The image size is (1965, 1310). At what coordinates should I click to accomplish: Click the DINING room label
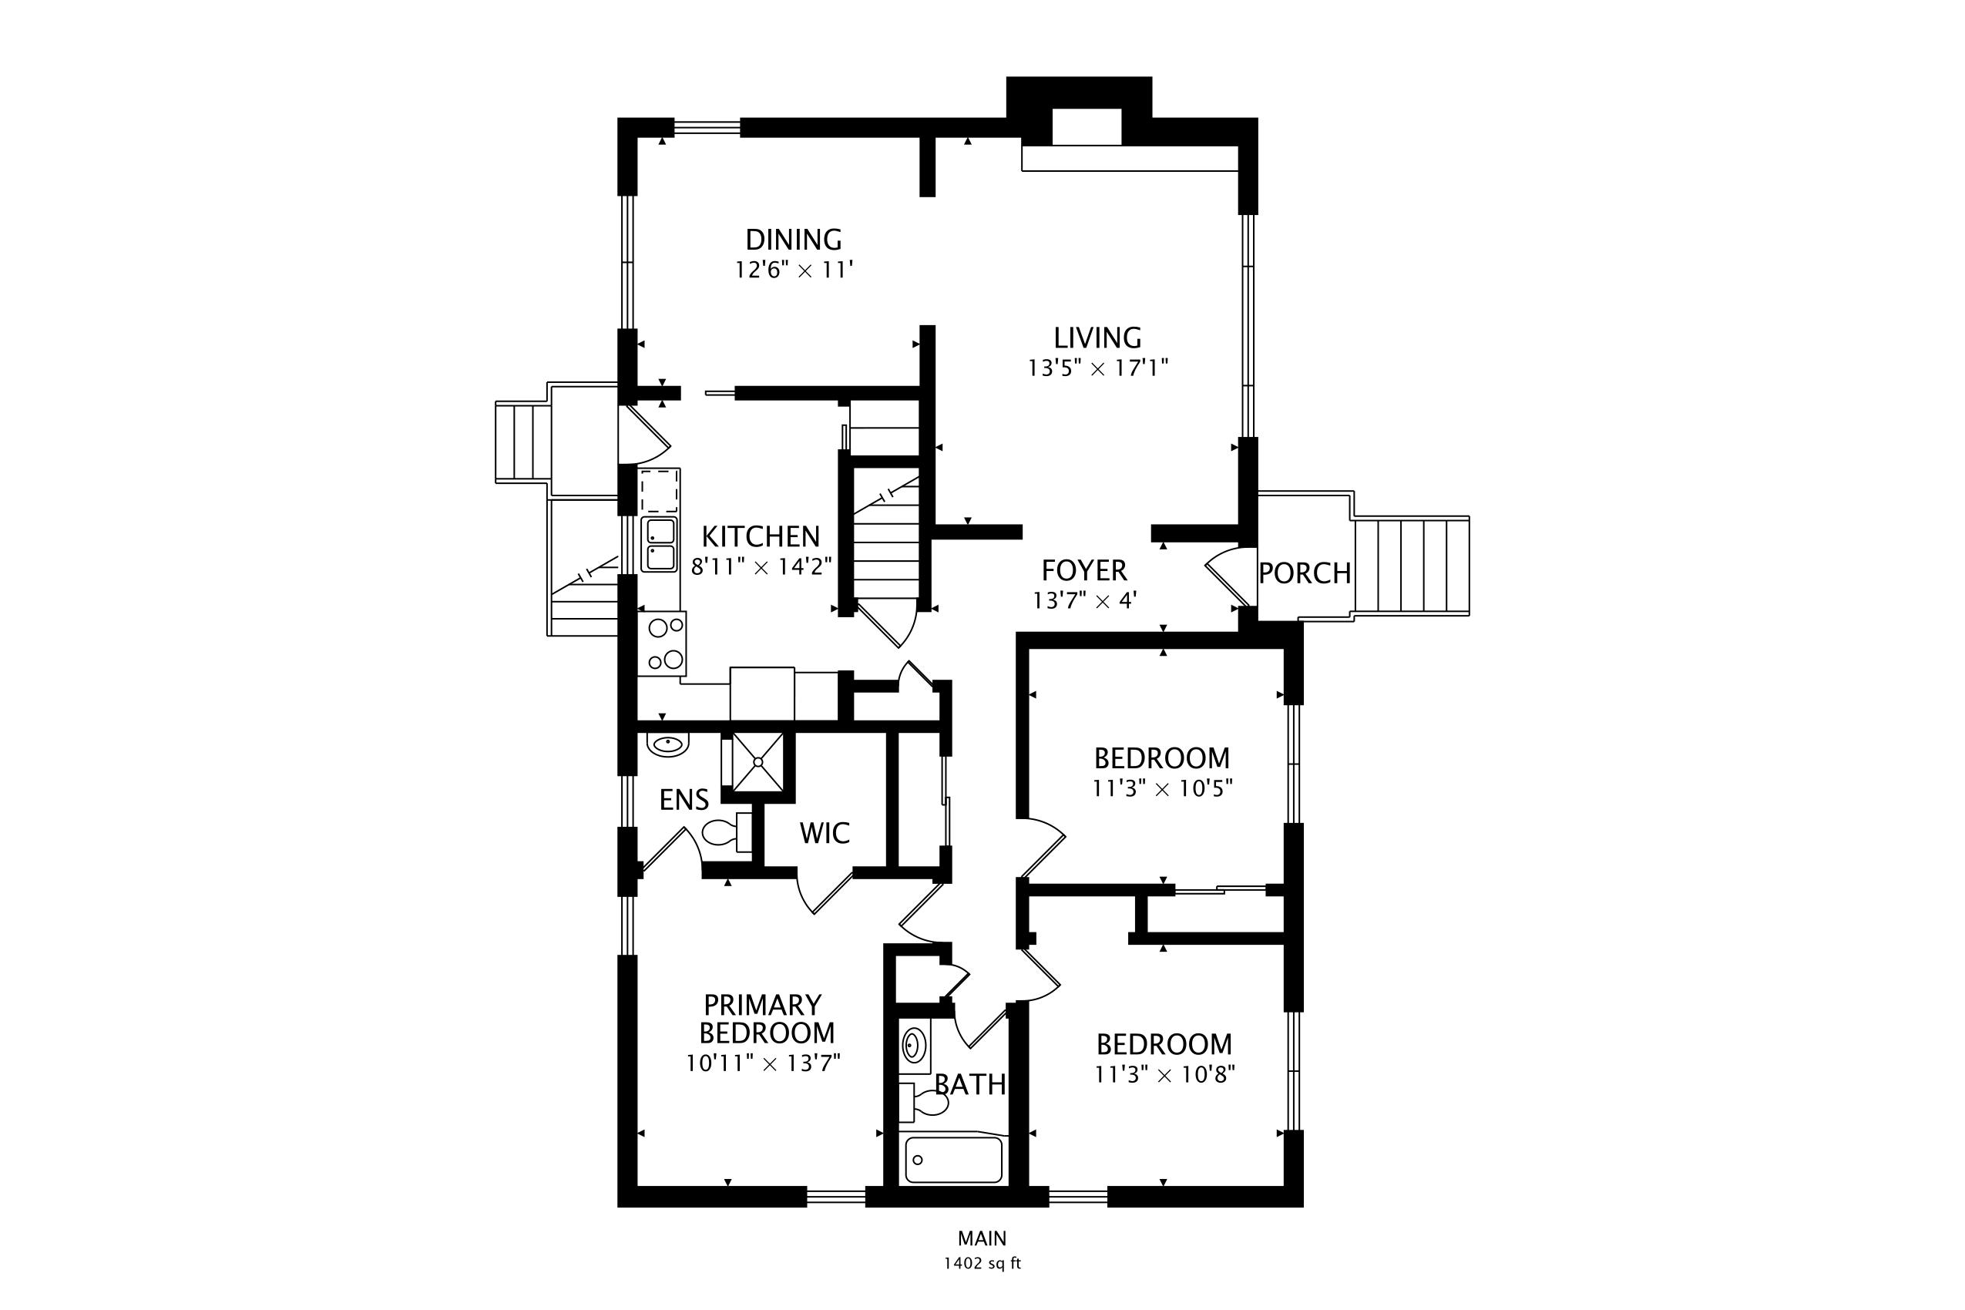pyautogui.click(x=793, y=240)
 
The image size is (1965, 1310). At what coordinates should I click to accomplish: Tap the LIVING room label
pyautogui.click(x=1097, y=338)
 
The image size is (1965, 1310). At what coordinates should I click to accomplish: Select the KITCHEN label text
pyautogui.click(x=761, y=536)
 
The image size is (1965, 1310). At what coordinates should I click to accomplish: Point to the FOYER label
pyautogui.click(x=1084, y=570)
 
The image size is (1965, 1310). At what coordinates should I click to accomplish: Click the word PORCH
pyautogui.click(x=1305, y=573)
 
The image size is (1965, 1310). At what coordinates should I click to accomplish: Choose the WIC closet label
pyautogui.click(x=825, y=833)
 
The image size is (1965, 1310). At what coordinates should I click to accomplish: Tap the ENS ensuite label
pyautogui.click(x=684, y=800)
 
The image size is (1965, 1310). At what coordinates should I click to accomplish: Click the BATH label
pyautogui.click(x=970, y=1084)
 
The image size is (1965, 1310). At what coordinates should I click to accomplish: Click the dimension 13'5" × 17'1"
pyautogui.click(x=1098, y=368)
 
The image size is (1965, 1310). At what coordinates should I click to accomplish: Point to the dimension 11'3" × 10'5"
pyautogui.click(x=1163, y=788)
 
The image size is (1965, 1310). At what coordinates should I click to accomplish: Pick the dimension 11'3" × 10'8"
pyautogui.click(x=1165, y=1073)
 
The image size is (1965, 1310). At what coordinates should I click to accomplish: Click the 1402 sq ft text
pyautogui.click(x=982, y=1263)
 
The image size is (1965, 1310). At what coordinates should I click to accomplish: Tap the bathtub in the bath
pyautogui.click(x=953, y=1160)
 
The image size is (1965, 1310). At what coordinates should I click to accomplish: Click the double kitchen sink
pyautogui.click(x=659, y=545)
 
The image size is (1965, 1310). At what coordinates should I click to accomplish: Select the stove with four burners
pyautogui.click(x=662, y=643)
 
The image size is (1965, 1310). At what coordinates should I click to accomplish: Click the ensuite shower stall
pyautogui.click(x=757, y=761)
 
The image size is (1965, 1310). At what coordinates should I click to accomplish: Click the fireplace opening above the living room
pyautogui.click(x=1086, y=127)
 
